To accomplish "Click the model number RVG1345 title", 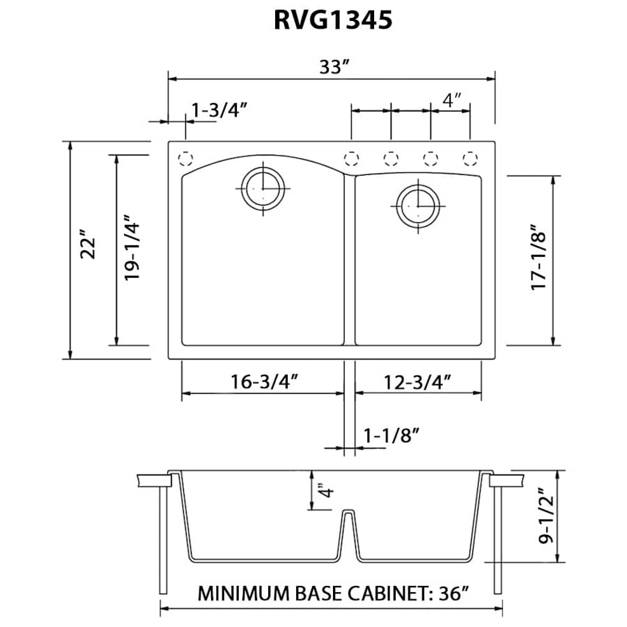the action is click(332, 20).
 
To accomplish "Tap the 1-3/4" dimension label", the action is click(220, 109).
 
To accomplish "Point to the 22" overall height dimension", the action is click(88, 249).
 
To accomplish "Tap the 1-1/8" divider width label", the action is click(390, 435).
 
